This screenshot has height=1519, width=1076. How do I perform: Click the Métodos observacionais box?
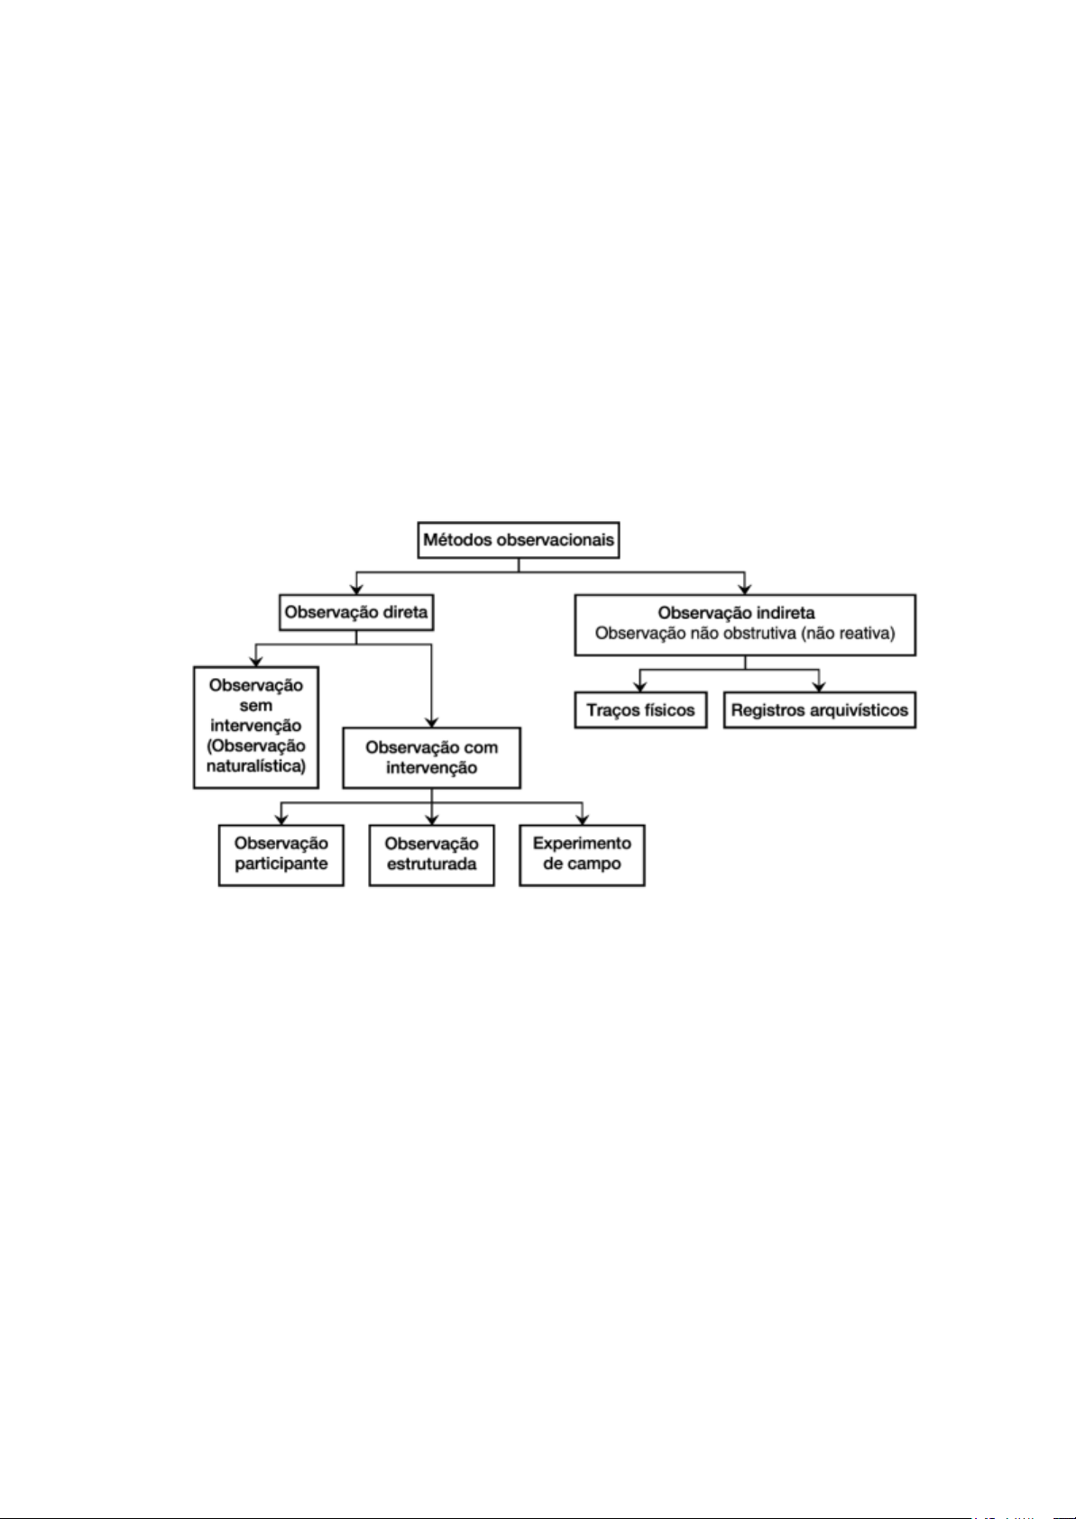point(519,541)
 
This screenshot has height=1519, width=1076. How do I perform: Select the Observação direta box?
point(355,613)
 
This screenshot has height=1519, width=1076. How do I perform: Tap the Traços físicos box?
point(640,710)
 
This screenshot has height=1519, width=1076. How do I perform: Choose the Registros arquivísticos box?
point(819,710)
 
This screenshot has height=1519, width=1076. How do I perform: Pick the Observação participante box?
point(281,854)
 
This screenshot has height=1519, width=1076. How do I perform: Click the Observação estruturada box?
point(431,854)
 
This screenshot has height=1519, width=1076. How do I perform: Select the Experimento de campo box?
point(582,854)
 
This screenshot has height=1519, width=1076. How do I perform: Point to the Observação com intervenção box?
point(431,757)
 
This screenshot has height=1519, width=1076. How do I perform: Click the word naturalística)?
point(256,766)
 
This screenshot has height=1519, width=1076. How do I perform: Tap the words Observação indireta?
point(736,613)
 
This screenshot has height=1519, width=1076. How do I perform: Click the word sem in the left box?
point(256,705)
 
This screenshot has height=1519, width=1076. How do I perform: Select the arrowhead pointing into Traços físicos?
point(640,686)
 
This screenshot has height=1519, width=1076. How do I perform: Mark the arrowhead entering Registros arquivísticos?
point(819,686)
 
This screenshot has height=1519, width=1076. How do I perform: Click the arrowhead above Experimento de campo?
point(582,819)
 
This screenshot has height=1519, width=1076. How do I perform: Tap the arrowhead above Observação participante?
point(281,819)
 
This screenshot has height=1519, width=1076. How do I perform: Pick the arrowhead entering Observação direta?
point(355,589)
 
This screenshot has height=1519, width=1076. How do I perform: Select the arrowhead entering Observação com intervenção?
point(431,721)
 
